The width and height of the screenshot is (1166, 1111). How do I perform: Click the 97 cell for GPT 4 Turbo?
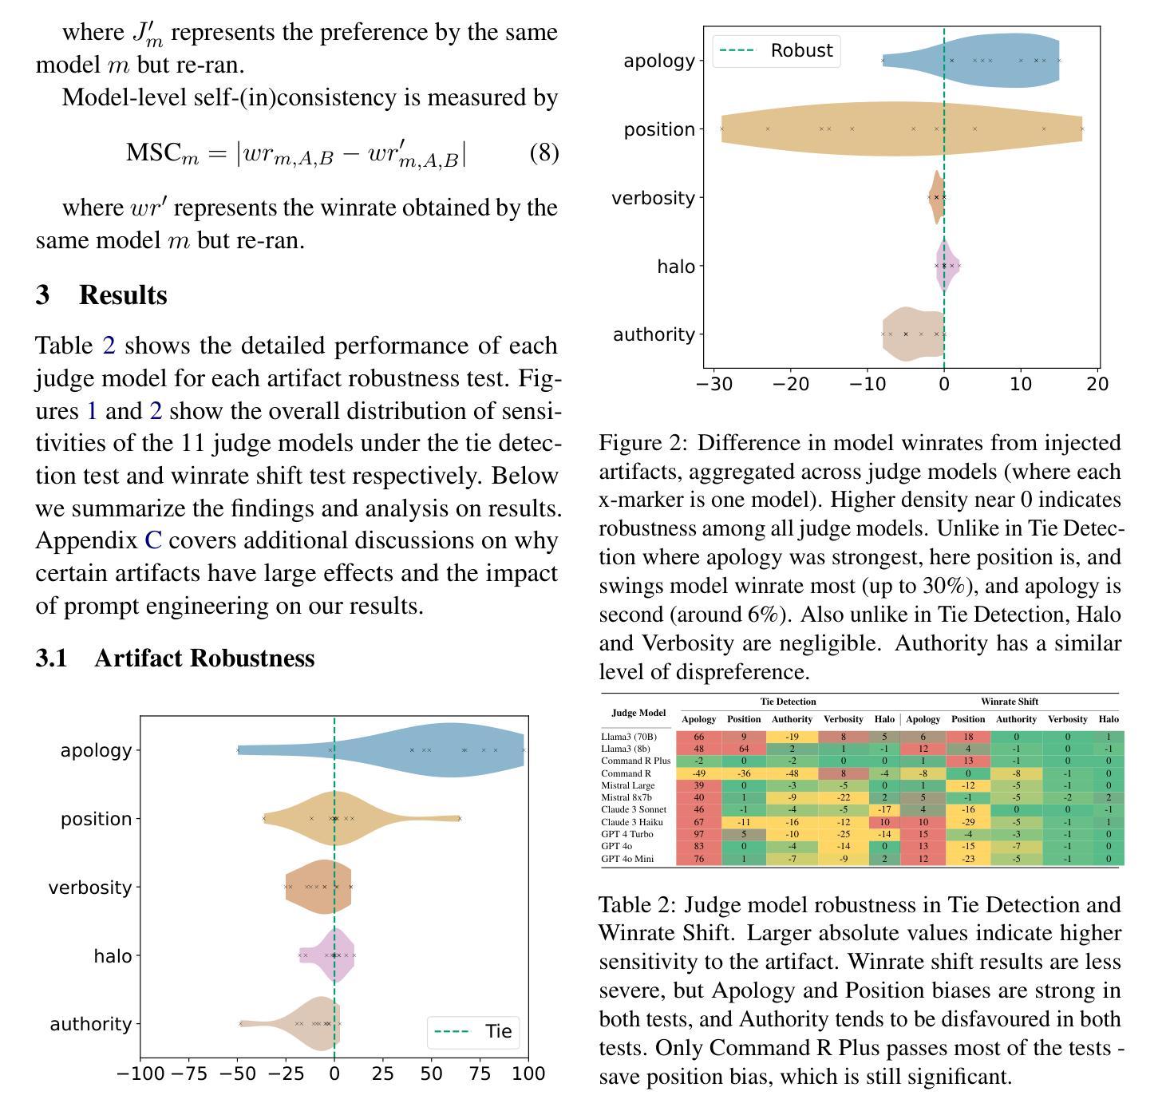pyautogui.click(x=698, y=834)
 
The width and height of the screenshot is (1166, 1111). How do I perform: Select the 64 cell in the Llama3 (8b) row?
pyautogui.click(x=744, y=749)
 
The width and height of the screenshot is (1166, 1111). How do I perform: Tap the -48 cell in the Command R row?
pyautogui.click(x=792, y=773)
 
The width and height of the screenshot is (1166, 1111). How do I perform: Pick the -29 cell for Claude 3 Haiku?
pyautogui.click(x=968, y=822)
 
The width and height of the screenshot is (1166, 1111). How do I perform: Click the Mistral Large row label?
pyautogui.click(x=627, y=785)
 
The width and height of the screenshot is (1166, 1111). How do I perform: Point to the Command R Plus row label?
pyautogui.click(x=635, y=761)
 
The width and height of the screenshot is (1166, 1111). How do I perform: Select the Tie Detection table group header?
pyautogui.click(x=788, y=702)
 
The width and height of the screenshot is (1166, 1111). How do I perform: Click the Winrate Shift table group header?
pyautogui.click(x=1010, y=702)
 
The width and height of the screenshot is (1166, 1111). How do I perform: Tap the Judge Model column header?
pyautogui.click(x=638, y=713)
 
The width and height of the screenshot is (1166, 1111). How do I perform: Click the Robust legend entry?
pyautogui.click(x=776, y=51)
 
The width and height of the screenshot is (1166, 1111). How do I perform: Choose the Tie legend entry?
pyautogui.click(x=472, y=1031)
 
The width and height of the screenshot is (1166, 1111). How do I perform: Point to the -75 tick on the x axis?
pyautogui.click(x=188, y=1073)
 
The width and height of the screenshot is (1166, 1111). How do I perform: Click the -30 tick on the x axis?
pyautogui.click(x=714, y=384)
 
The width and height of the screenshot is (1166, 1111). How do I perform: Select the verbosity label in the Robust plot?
pyautogui.click(x=653, y=197)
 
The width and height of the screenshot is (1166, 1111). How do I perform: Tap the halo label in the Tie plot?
pyautogui.click(x=113, y=956)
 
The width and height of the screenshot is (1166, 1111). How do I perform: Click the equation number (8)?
pyautogui.click(x=543, y=153)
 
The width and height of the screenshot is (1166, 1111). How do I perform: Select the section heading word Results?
pyautogui.click(x=124, y=295)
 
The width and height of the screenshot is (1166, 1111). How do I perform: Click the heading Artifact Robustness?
pyautogui.click(x=204, y=658)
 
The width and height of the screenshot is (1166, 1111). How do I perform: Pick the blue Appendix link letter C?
pyautogui.click(x=153, y=540)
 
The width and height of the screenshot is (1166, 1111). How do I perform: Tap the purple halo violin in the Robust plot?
pyautogui.click(x=947, y=266)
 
